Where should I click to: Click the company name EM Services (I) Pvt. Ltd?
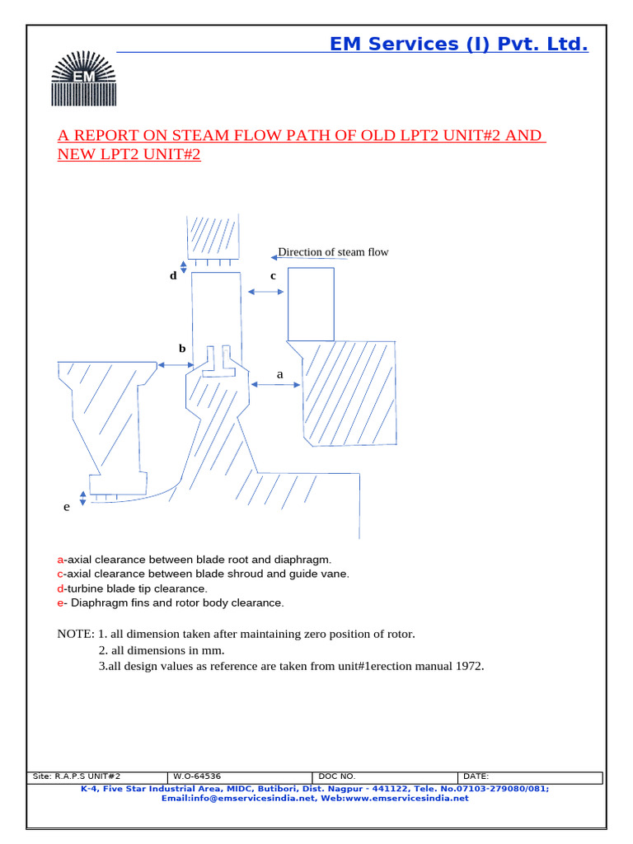tap(458, 45)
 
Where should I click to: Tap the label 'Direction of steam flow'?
tap(332, 252)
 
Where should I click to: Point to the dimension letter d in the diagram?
tap(173, 276)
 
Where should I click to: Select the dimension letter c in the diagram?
tap(273, 276)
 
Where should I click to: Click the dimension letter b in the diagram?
tap(182, 349)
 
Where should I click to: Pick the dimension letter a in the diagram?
tap(279, 374)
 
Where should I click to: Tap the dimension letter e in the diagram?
tap(67, 507)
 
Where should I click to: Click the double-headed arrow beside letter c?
tap(265, 291)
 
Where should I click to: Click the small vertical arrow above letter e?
tap(82, 497)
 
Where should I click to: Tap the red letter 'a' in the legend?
tap(60, 559)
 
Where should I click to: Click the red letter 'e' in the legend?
tap(60, 603)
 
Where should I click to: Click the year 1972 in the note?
tap(469, 666)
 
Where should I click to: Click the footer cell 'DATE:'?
tap(476, 776)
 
